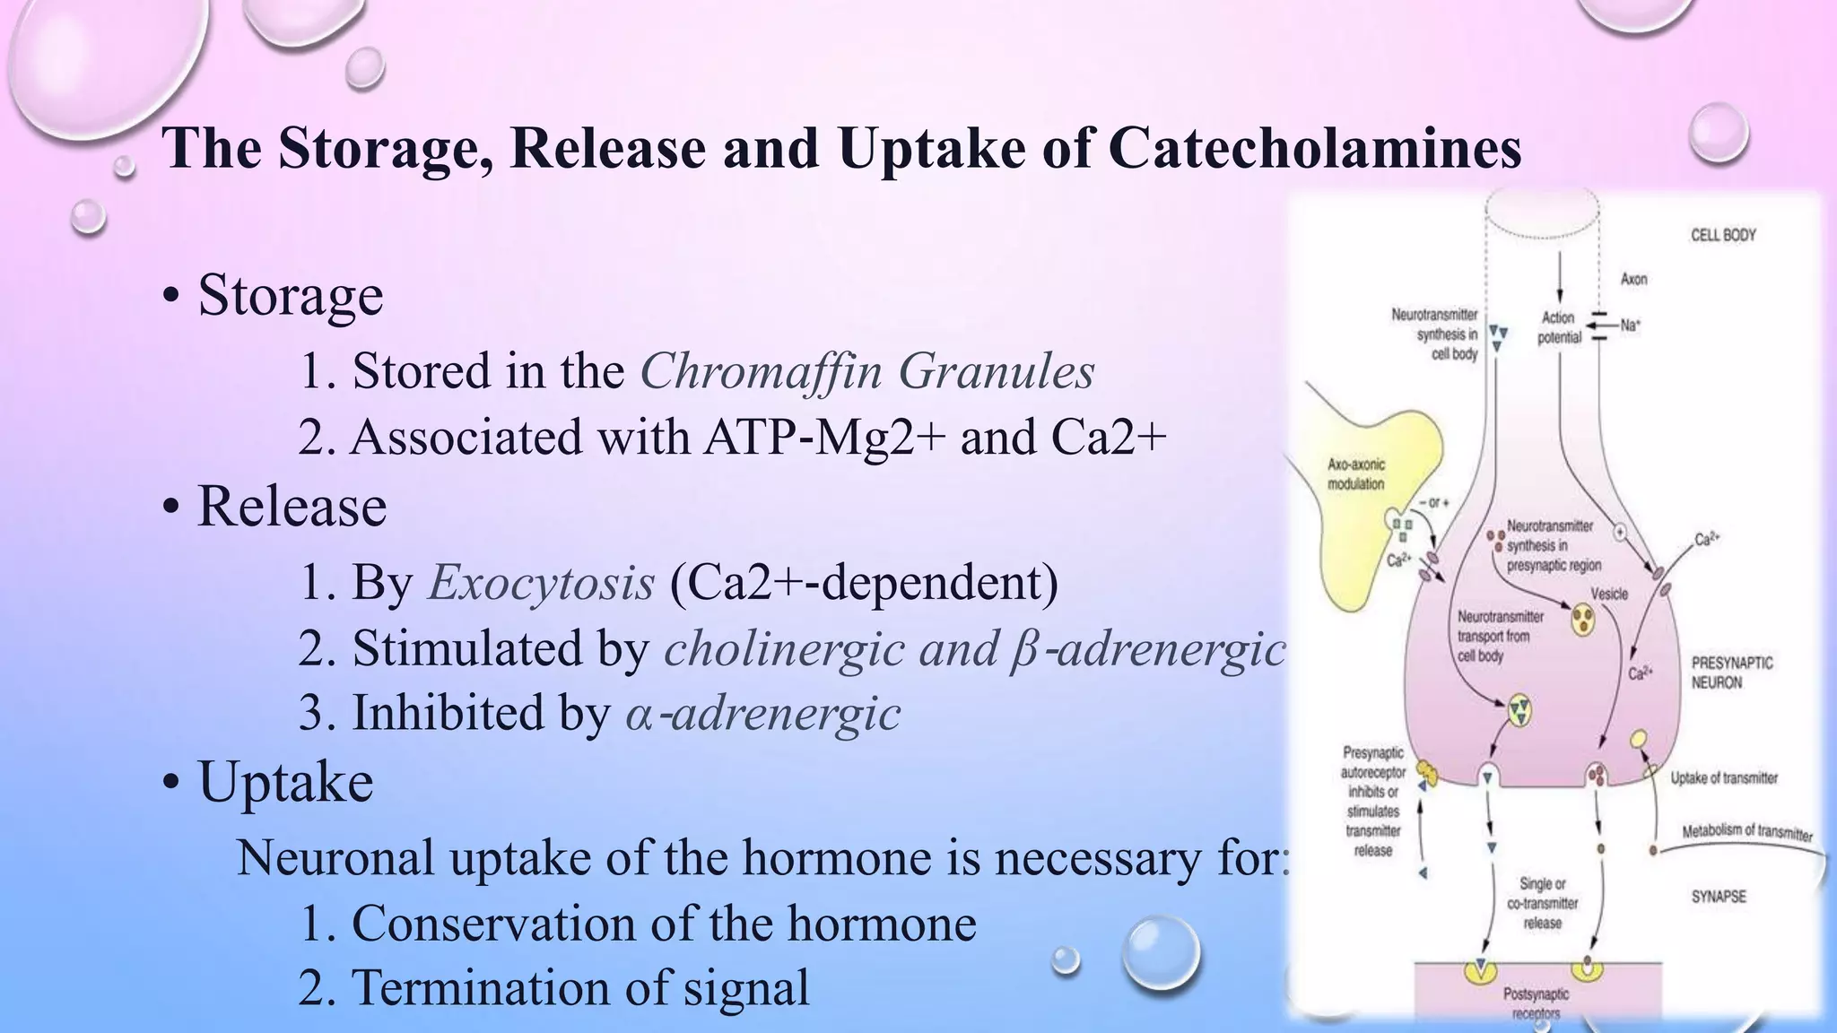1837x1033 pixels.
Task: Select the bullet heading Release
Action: [x=292, y=506]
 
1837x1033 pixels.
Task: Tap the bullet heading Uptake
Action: [x=284, y=781]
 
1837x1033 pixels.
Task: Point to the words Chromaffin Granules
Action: [x=866, y=370]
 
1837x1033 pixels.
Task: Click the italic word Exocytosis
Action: [x=541, y=583]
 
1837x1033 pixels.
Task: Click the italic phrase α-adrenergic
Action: [x=762, y=714]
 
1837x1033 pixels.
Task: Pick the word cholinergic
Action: [x=783, y=648]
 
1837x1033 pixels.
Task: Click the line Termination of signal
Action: [x=553, y=987]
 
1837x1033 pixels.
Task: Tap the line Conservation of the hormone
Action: [x=637, y=923]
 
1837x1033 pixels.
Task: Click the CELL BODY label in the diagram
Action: [x=1723, y=235]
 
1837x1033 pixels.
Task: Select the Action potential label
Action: [x=1559, y=327]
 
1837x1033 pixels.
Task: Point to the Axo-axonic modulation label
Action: [x=1355, y=474]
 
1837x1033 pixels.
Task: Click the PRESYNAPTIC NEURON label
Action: [x=1731, y=673]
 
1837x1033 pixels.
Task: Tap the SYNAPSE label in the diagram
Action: [x=1719, y=896]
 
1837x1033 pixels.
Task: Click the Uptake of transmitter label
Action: [x=1723, y=778]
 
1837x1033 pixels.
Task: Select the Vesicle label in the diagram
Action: [x=1609, y=594]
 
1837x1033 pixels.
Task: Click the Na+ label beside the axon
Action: [x=1630, y=326]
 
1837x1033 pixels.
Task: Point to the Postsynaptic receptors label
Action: [x=1536, y=1003]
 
